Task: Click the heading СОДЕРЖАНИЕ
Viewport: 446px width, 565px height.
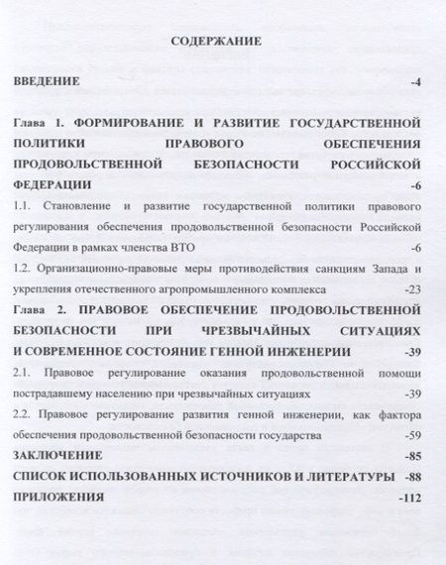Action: click(215, 43)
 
